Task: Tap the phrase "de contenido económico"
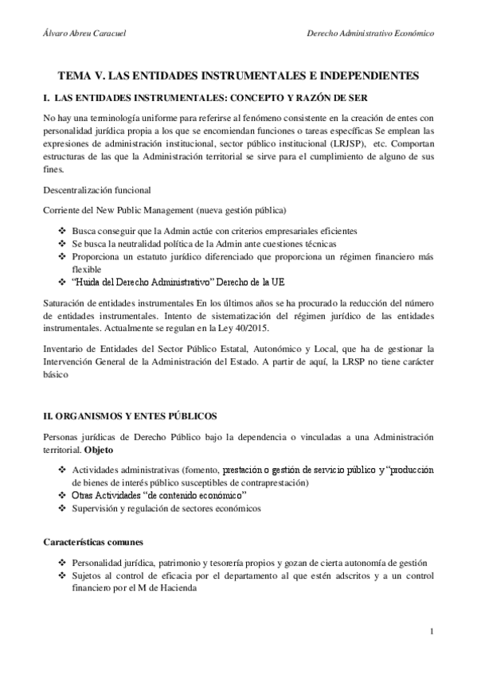click(x=196, y=496)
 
